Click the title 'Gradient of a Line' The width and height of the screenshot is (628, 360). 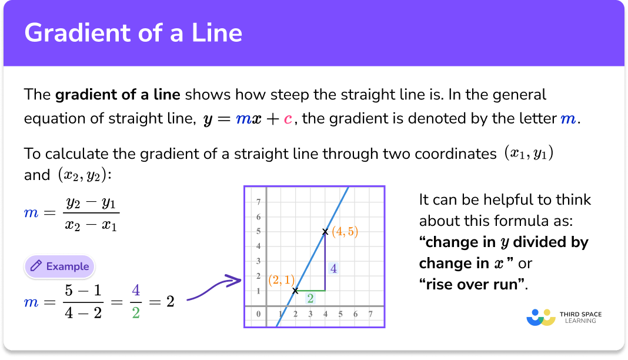133,32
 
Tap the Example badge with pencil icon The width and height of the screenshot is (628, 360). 59,266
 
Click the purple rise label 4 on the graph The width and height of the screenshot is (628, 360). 333,268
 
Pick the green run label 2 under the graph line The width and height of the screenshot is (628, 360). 310,299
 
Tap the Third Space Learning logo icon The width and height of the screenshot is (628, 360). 540,317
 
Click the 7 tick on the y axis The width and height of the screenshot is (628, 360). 258,202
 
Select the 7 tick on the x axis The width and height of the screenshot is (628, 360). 370,314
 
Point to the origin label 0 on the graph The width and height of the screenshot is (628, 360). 258,314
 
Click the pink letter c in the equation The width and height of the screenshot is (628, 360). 288,119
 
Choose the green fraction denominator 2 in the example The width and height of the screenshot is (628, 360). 136,312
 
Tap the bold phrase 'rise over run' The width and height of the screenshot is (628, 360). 472,284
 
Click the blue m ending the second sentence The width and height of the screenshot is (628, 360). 567,119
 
